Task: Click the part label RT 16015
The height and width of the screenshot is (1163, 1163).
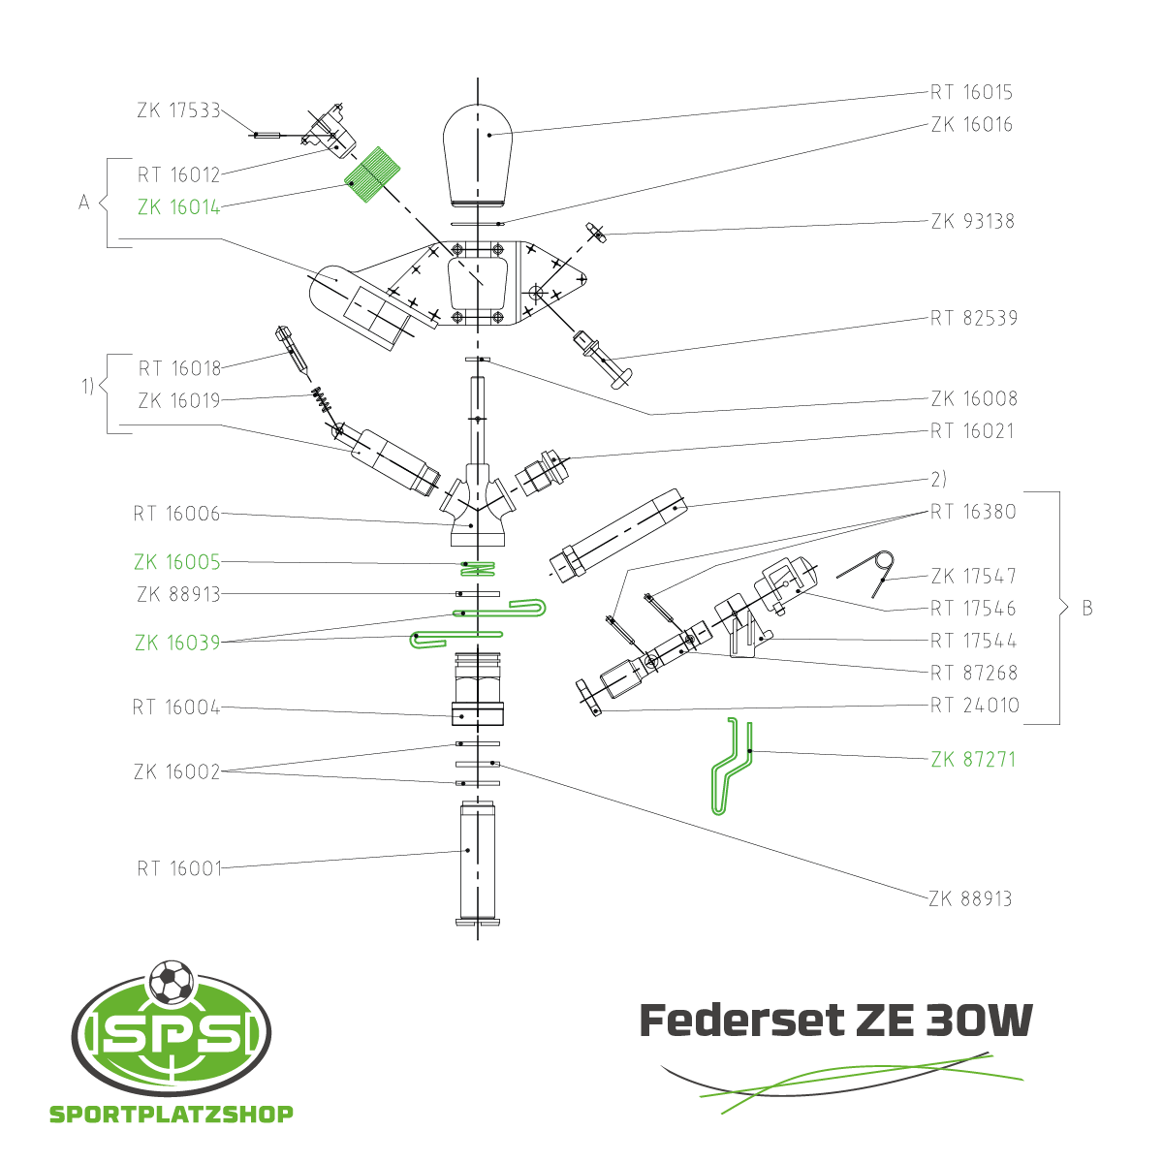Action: click(971, 92)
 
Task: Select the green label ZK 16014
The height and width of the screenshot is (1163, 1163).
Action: click(178, 207)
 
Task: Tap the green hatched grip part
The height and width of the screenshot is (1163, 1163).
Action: click(372, 175)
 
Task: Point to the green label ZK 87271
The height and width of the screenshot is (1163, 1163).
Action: click(973, 759)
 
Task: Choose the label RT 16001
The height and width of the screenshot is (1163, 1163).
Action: click(180, 868)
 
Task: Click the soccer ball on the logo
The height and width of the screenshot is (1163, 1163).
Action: click(172, 982)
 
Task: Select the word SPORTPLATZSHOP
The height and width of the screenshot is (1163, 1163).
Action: click(172, 1114)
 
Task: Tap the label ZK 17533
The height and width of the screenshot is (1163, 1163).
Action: click(178, 110)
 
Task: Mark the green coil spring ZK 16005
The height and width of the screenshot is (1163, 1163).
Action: click(478, 568)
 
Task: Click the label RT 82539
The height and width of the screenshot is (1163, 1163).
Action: click(973, 318)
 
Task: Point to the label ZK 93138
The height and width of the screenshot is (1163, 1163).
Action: click(972, 222)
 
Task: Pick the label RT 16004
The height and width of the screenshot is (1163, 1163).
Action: click(176, 707)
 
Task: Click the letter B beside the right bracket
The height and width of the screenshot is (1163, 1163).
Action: click(1087, 608)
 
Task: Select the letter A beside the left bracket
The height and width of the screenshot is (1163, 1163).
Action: click(84, 203)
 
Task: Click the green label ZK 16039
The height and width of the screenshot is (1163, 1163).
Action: click(177, 643)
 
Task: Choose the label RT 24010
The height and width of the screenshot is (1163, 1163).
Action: click(975, 705)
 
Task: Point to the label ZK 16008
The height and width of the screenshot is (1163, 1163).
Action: click(974, 399)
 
